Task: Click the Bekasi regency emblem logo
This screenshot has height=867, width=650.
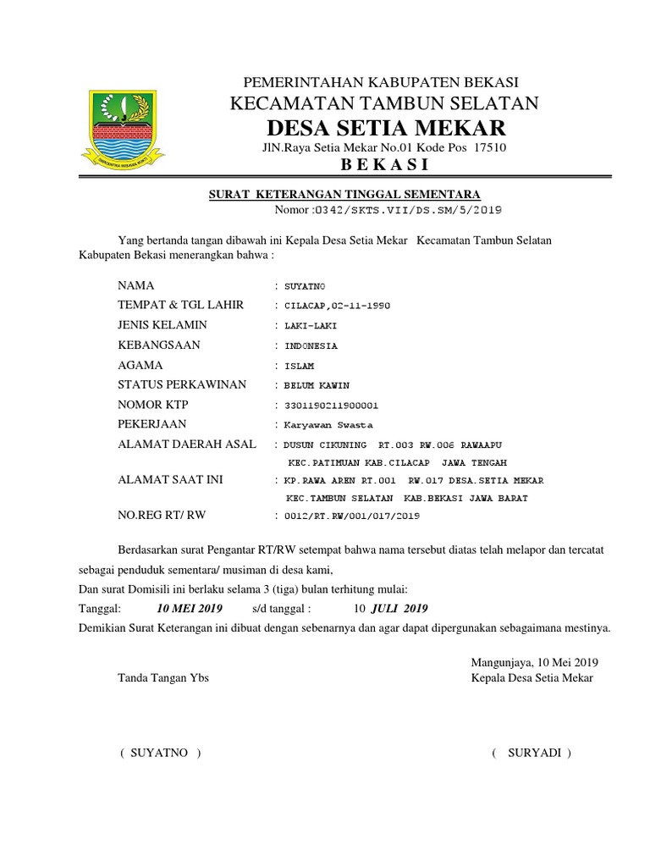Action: click(123, 126)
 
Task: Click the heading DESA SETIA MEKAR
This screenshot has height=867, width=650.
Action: click(387, 128)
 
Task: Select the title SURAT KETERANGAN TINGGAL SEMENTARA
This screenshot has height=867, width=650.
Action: click(344, 195)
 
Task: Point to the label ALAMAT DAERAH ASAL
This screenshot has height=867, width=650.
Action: click(187, 445)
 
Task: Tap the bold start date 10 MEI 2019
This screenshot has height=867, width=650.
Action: click(190, 609)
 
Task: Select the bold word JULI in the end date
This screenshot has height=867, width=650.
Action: click(386, 609)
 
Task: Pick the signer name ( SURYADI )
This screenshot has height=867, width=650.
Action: click(532, 752)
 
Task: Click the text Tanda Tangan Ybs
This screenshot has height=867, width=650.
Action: click(163, 678)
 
